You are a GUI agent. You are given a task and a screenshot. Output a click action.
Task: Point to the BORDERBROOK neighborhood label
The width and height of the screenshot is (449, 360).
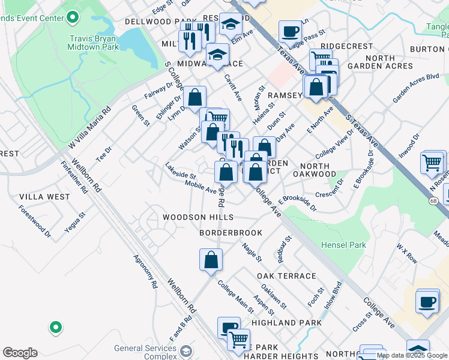[x=231, y=232]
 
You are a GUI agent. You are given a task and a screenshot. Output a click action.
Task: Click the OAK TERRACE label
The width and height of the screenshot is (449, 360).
[x=286, y=275]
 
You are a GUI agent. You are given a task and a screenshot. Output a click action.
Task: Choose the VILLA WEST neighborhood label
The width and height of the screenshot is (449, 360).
[x=44, y=196]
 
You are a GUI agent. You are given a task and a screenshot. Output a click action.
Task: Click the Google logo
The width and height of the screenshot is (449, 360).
[x=20, y=353]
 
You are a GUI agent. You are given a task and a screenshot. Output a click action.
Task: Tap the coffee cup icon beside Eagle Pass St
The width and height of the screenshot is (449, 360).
[x=290, y=31]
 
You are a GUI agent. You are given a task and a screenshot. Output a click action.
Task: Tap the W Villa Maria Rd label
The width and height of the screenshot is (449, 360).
[x=90, y=128]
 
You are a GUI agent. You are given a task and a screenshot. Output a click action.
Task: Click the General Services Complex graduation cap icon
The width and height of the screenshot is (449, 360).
[x=186, y=351]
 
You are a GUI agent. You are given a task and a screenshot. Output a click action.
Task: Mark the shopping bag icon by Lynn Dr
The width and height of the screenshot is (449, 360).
[x=194, y=97]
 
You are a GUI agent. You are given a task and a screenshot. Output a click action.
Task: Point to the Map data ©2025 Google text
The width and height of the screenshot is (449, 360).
[x=412, y=355]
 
